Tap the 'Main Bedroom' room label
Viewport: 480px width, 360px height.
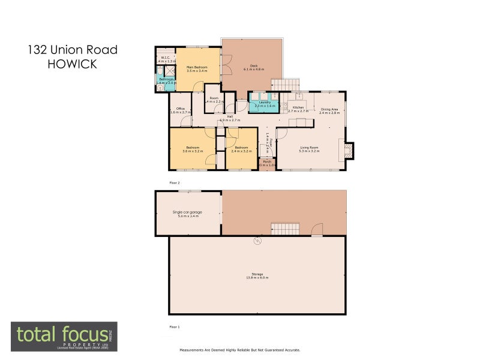(x=197, y=67)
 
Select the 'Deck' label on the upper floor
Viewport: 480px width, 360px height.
(x=253, y=65)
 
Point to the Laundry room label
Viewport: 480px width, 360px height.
(x=265, y=103)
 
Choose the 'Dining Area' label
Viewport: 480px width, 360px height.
(x=329, y=109)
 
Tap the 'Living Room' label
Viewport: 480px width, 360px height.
(x=310, y=147)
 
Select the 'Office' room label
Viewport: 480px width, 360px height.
(x=180, y=109)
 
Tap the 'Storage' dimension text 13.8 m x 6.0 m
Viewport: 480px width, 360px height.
(x=257, y=278)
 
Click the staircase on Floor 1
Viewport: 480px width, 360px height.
(x=285, y=229)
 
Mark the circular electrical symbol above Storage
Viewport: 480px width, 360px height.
(x=257, y=241)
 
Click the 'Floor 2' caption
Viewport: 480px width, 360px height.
(x=175, y=182)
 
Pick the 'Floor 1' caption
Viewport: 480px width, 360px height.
(x=175, y=327)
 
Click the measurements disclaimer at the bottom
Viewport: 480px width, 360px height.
(x=240, y=350)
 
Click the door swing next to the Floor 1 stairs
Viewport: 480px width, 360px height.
(x=317, y=230)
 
